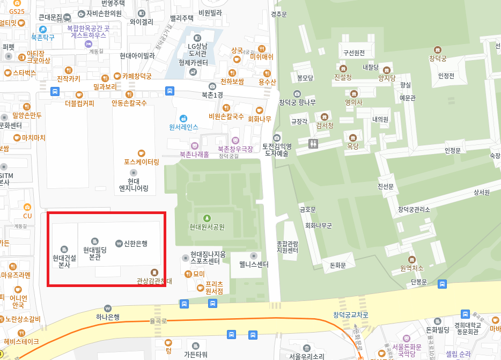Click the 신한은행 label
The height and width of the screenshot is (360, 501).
135,243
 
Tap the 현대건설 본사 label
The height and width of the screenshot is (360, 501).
64,261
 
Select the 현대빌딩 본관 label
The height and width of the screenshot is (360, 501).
94,253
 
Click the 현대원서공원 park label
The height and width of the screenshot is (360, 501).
207,227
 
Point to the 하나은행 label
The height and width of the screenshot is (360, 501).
108,317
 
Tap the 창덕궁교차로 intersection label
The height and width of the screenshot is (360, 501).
351,315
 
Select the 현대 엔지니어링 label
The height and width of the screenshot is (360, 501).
134,185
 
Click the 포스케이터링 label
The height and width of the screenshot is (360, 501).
142,161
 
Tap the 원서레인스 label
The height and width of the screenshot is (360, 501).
183,127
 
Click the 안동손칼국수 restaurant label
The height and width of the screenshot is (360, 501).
129,102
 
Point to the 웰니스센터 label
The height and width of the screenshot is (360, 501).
254,265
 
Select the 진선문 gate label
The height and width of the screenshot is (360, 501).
386,186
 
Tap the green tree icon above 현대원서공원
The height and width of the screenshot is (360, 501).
207,217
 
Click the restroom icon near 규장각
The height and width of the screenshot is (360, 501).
314,143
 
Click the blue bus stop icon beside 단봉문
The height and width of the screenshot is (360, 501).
443,284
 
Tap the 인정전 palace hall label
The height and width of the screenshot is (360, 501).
446,76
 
